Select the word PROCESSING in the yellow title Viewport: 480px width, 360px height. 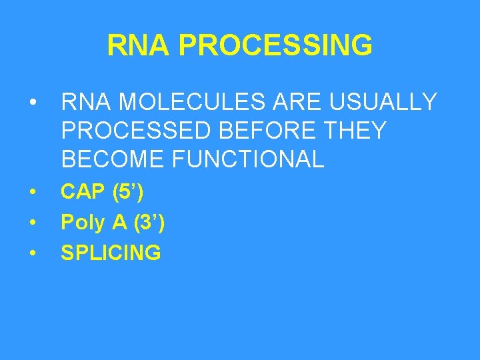[275, 46]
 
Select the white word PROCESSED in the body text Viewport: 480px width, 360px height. [138, 131]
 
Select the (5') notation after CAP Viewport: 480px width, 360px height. [129, 192]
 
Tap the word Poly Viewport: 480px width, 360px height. [83, 223]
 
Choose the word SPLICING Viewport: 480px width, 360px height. [111, 253]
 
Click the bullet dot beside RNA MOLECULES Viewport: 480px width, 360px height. [31, 103]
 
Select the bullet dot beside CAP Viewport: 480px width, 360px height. [31, 193]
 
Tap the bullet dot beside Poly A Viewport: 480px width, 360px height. [31, 223]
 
